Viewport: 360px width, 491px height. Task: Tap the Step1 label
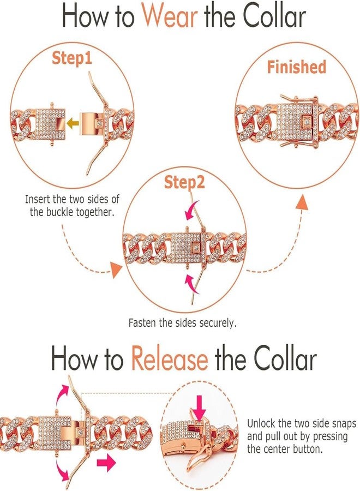72,58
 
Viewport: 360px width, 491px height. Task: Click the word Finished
296,67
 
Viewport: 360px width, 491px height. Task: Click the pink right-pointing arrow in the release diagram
106,463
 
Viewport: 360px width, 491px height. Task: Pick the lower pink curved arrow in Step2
191,283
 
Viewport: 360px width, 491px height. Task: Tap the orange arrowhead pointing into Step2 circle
116,270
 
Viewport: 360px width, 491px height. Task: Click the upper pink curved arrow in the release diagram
62,394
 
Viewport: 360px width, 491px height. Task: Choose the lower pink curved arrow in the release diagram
62,474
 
